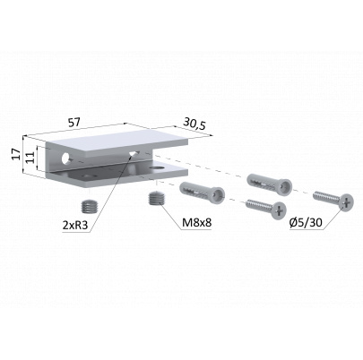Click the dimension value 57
pos(74,123)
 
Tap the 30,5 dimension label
pos(194,124)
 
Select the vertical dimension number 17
pos(17,154)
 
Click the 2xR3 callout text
pos(75,225)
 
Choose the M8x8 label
pos(197,222)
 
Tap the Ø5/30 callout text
pos(306,222)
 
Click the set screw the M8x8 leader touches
pos(155,199)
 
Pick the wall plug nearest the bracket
pos(202,191)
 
